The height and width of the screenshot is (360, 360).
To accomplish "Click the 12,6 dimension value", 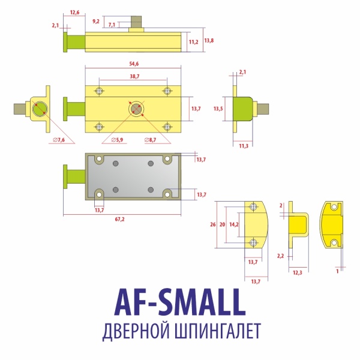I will [74, 11].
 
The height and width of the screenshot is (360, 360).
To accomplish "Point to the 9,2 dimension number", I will [96, 21].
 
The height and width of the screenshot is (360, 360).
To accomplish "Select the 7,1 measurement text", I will [112, 25].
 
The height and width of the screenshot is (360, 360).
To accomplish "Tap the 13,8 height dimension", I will [209, 40].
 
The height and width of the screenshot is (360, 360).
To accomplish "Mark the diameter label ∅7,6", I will [58, 140].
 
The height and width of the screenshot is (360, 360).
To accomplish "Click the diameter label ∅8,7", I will [151, 140].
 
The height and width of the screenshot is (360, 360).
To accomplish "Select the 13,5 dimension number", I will [218, 109].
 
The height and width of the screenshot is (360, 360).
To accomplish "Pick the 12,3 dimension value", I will [297, 272].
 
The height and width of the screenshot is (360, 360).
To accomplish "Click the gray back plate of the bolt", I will [132, 178].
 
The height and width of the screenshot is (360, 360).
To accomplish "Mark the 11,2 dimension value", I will [193, 43].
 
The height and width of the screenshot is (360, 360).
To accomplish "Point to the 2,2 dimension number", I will [280, 256].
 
